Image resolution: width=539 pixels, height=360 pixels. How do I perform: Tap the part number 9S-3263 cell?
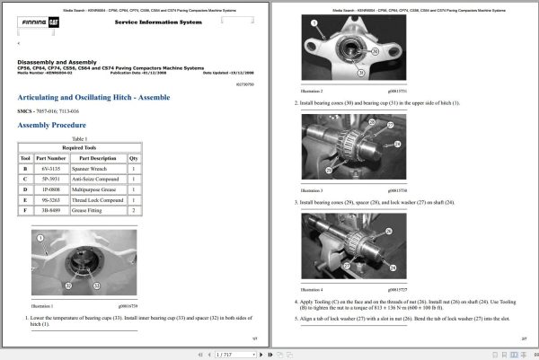(x=56, y=199)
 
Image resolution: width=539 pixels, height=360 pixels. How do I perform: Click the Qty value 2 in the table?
(x=134, y=210)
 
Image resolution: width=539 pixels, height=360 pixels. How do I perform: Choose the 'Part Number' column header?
(x=56, y=158)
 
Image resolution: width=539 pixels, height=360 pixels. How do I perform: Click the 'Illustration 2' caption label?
(x=310, y=92)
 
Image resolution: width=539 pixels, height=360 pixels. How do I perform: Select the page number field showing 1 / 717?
(x=225, y=355)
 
